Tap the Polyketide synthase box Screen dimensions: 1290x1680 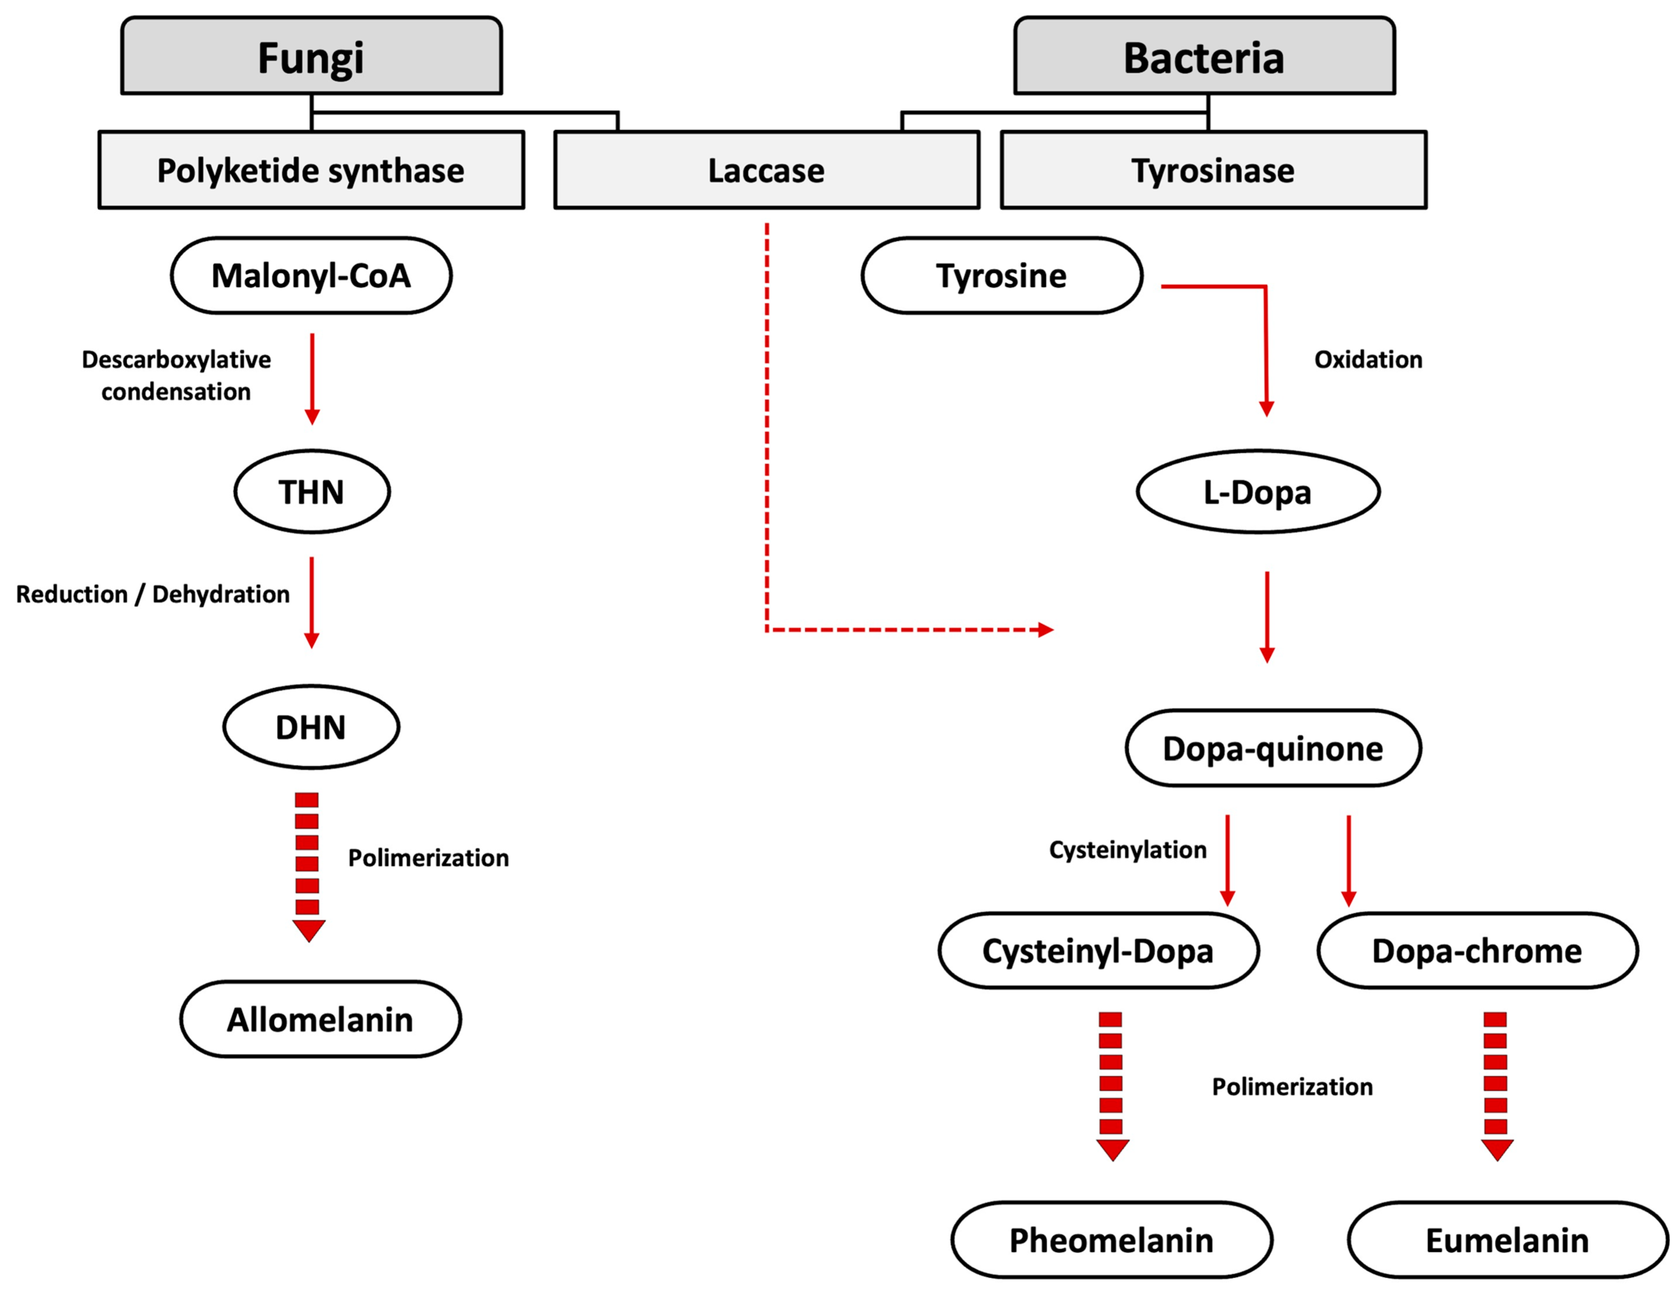311,170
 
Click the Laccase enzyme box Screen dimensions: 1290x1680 766,170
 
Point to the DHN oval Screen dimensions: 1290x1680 311,726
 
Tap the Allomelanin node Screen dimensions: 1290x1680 320,1019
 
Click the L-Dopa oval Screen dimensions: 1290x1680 1258,492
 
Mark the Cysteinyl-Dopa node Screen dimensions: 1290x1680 1098,951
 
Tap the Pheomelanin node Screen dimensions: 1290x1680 1111,1240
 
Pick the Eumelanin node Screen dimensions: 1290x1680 1507,1240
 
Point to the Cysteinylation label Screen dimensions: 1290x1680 1127,849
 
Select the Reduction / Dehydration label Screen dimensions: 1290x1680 153,594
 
